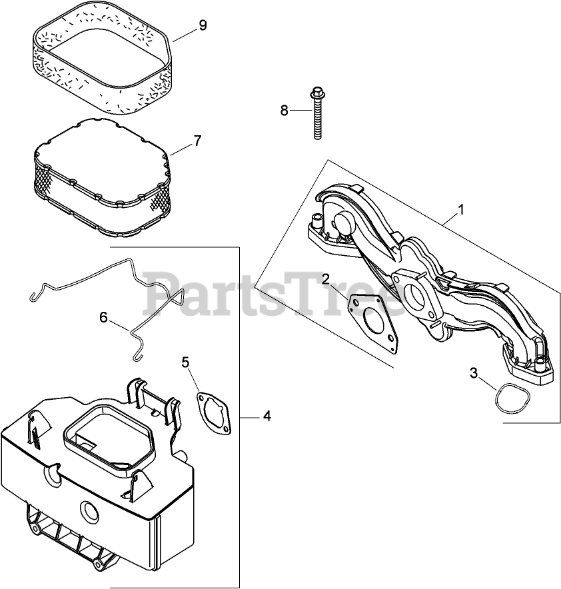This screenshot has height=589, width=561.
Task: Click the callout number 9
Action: [x=203, y=25]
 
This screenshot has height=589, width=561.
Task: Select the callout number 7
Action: [x=197, y=141]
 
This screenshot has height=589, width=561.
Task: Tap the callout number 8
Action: [x=284, y=111]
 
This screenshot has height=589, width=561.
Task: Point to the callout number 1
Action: [x=461, y=210]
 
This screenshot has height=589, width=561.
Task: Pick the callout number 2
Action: [x=326, y=278]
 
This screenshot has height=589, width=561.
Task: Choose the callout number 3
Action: [x=474, y=373]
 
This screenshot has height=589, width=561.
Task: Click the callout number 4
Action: [x=267, y=416]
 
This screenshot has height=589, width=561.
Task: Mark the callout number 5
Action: [x=186, y=362]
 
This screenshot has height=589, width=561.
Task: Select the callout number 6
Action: [x=103, y=317]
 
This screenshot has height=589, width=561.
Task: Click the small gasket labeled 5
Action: [x=213, y=414]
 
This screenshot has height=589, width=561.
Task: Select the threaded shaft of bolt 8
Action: [x=318, y=120]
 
